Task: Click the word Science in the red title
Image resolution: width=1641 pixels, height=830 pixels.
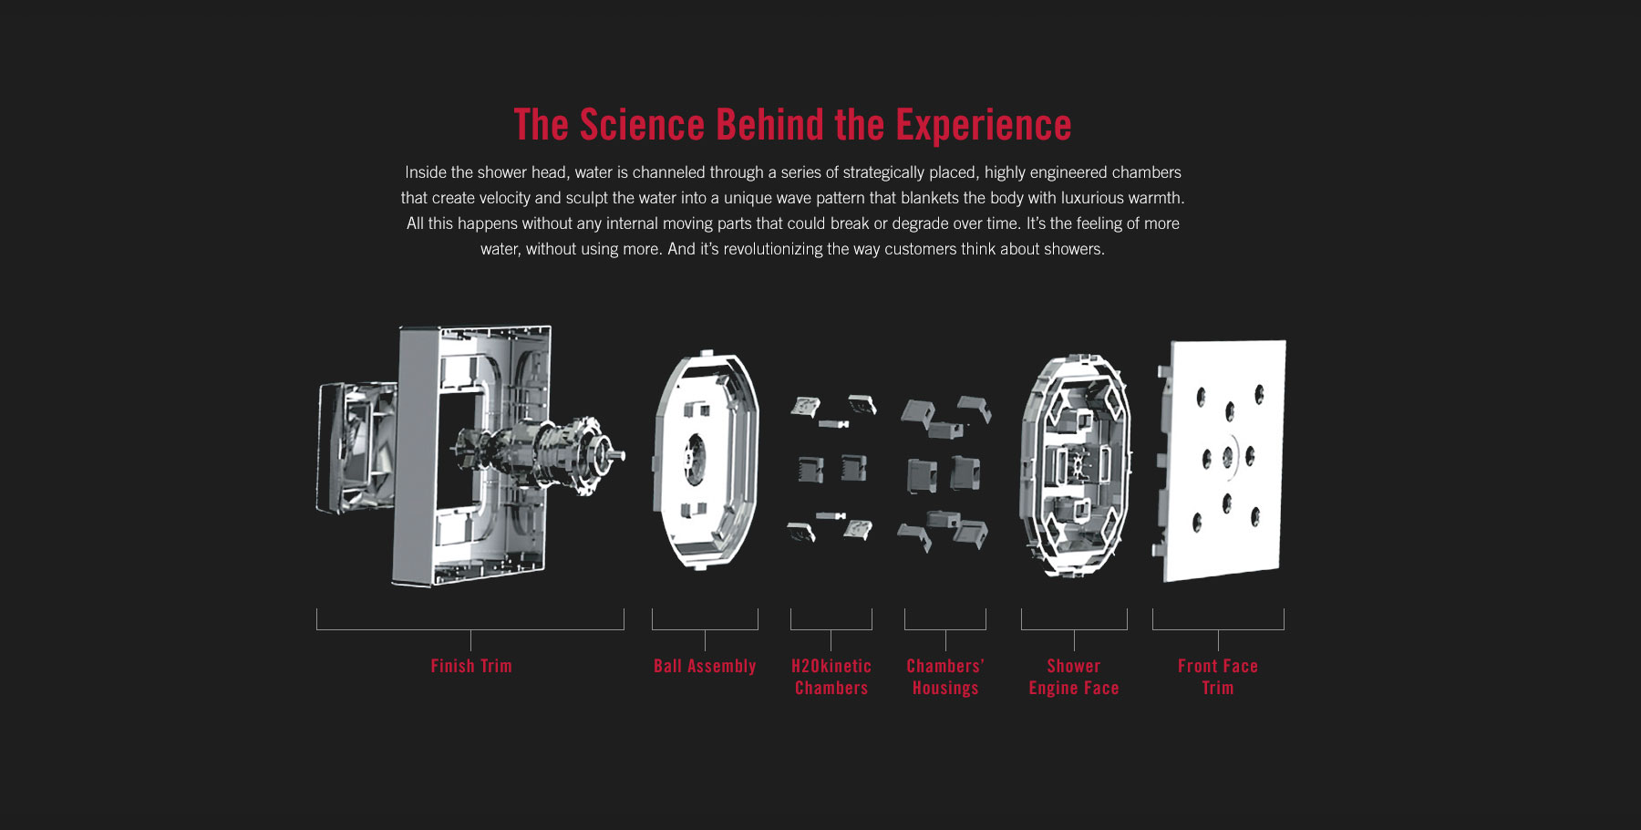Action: (x=642, y=125)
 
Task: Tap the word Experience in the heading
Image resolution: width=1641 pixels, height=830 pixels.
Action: (x=983, y=126)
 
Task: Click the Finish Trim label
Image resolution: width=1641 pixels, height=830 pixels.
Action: (x=471, y=666)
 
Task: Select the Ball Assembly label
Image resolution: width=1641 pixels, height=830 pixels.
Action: (x=705, y=667)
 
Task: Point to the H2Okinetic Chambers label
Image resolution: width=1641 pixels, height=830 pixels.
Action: (x=831, y=677)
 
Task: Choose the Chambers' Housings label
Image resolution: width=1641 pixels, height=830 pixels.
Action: (x=945, y=677)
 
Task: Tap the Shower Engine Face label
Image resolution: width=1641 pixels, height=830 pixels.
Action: (x=1074, y=677)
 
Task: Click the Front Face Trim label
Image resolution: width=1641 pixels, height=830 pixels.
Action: (x=1218, y=677)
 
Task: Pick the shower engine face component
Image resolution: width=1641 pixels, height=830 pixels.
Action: (x=1075, y=464)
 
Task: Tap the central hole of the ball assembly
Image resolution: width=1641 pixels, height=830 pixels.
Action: (x=695, y=455)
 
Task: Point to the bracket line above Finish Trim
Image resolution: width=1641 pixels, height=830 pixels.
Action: (x=470, y=629)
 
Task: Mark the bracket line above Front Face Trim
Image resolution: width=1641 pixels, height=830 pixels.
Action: (x=1218, y=629)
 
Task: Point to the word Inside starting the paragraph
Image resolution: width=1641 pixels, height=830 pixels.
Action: (x=426, y=172)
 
